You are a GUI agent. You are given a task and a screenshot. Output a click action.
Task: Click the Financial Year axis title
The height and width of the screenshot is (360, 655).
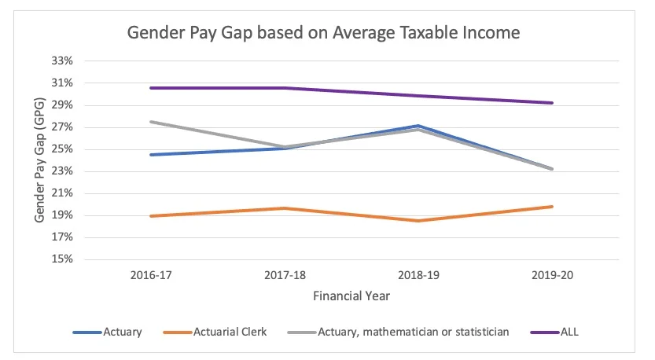point(351,297)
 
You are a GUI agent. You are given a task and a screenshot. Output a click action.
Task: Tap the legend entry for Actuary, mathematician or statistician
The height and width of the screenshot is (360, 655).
point(413,332)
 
